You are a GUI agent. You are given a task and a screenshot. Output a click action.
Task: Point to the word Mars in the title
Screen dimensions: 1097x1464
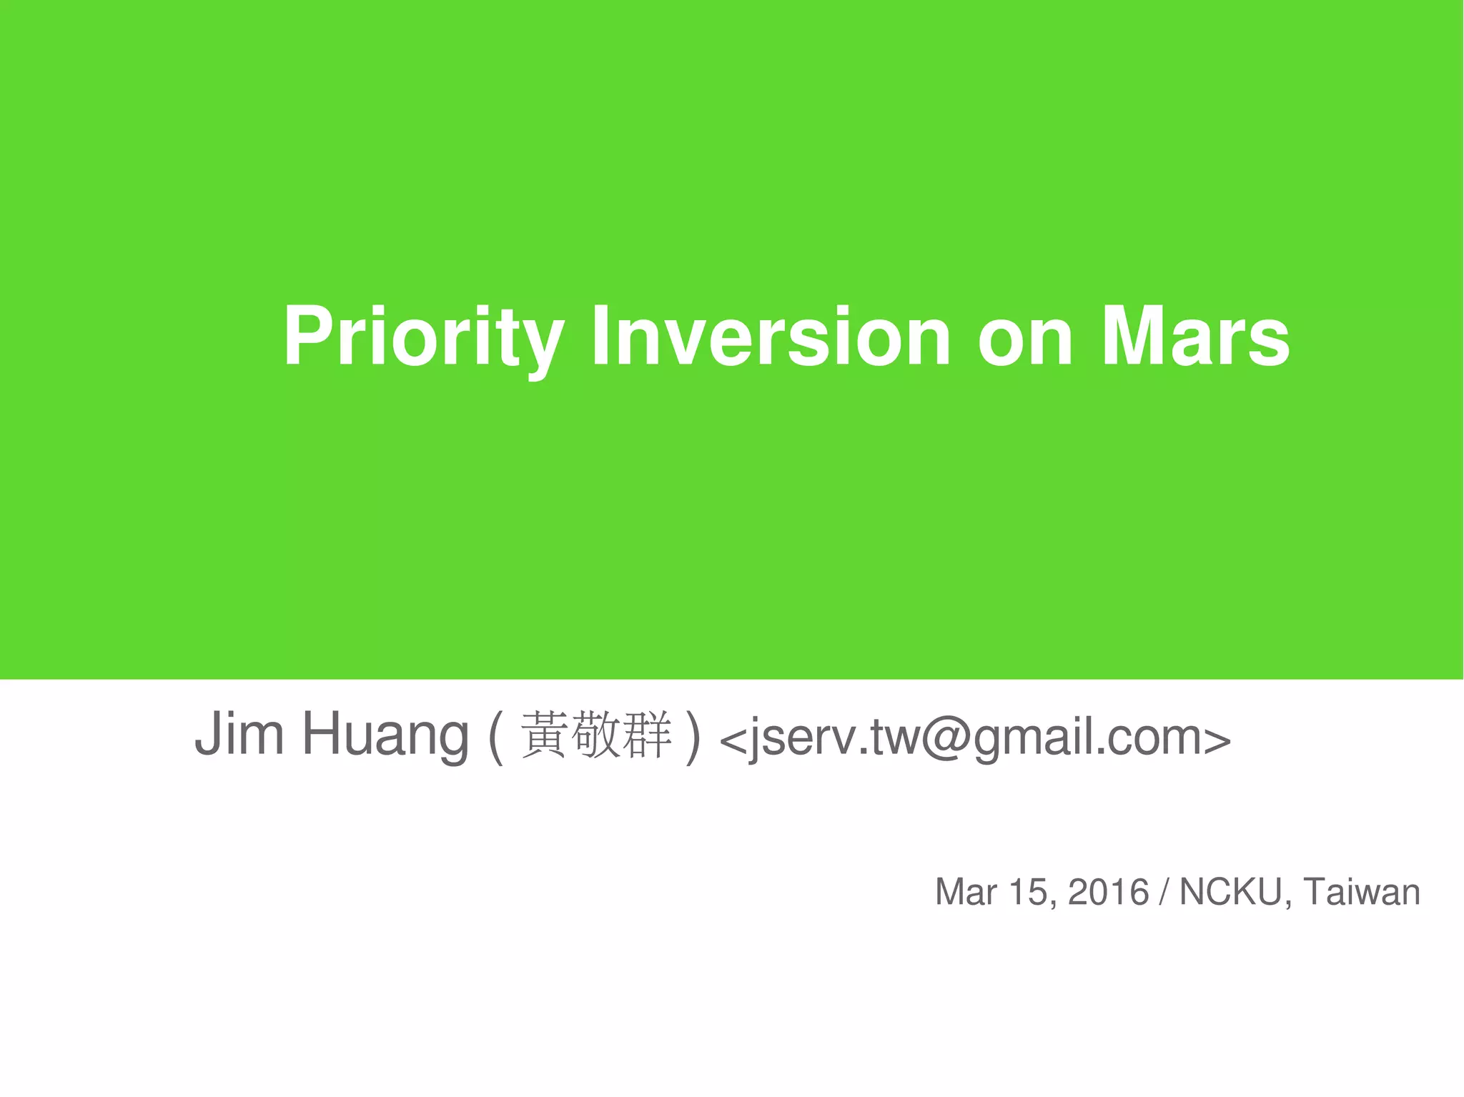1195,336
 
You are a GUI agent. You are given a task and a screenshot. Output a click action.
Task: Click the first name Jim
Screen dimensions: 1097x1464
239,735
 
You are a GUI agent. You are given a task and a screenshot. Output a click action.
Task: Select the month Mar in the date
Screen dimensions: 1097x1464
966,893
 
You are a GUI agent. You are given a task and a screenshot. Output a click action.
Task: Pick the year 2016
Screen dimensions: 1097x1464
1108,893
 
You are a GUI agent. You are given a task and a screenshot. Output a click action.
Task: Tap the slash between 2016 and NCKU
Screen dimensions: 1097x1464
1165,893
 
